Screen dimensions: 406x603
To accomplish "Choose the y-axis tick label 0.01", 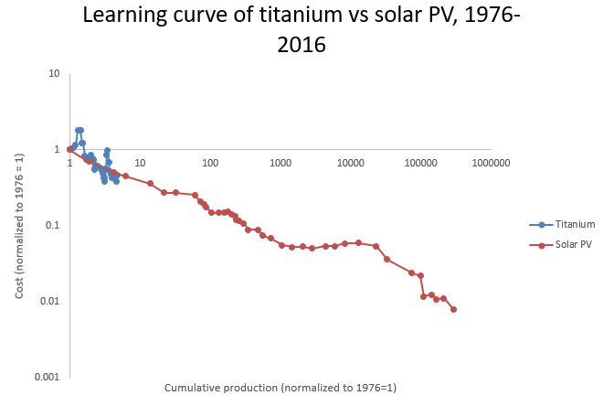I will point(50,301).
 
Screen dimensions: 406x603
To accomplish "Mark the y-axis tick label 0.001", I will point(48,377).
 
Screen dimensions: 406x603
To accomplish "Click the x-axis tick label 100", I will point(210,163).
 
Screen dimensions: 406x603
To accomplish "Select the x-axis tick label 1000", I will point(280,163).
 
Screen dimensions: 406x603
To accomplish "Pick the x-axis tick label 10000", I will point(350,163).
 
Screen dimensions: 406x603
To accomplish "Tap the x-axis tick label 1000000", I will point(491,163).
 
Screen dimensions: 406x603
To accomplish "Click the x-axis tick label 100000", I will point(420,163).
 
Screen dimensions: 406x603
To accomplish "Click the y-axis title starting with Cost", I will point(21,225).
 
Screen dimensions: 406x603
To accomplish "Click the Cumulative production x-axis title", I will point(280,388).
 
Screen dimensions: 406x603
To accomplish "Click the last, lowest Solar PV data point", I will point(453,309).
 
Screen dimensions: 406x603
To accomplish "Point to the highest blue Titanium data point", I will point(79,130).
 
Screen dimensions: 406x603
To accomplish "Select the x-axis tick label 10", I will point(140,163).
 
